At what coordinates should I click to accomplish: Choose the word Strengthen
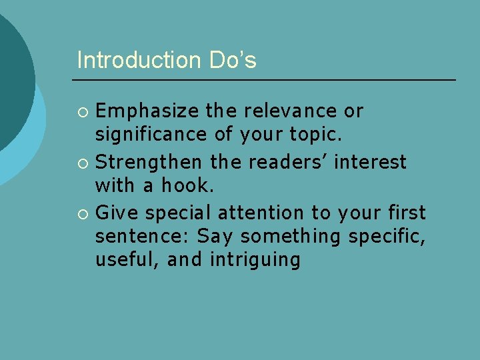point(150,162)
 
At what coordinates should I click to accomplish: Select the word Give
point(117,213)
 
